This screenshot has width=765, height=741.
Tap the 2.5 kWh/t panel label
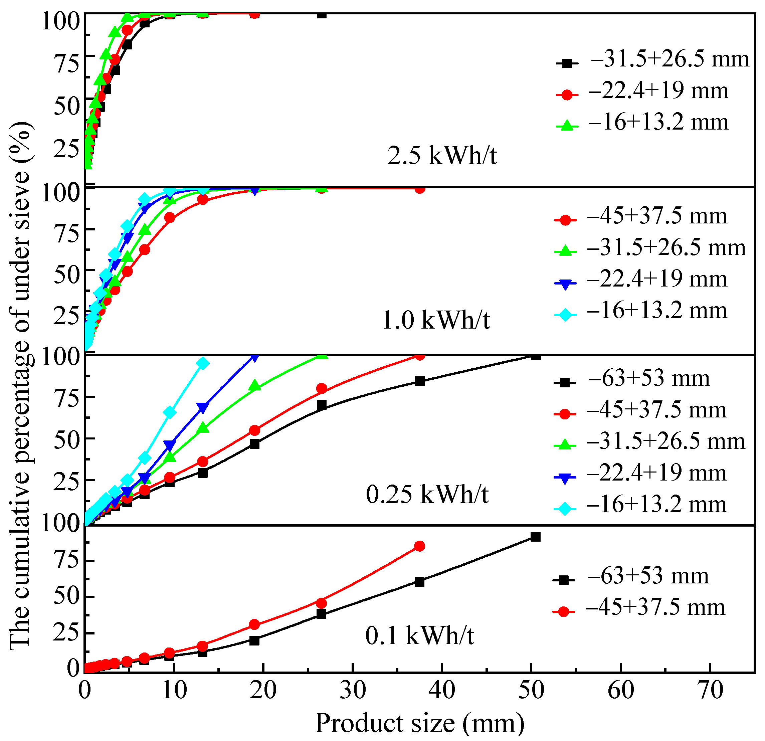coord(442,155)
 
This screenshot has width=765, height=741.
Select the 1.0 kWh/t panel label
coord(435,320)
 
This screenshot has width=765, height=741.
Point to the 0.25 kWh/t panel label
coord(427,494)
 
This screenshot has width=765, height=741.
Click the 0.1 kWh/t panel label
coord(420,635)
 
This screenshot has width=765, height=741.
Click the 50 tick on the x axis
coord(531,690)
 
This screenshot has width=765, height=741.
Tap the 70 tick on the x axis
coord(710,690)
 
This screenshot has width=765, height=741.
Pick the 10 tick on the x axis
coord(174,690)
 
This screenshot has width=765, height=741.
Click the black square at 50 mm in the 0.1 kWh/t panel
coord(536,537)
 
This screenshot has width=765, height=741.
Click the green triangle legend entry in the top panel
coord(644,123)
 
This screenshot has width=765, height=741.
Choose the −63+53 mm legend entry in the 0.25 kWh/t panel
coord(632,379)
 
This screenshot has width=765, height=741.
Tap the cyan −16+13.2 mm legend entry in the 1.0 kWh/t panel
coord(642,311)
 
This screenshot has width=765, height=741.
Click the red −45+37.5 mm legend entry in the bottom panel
coord(640,608)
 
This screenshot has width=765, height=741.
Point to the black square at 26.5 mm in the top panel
coord(321,14)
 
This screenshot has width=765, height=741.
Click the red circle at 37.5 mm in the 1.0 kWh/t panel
coord(419,189)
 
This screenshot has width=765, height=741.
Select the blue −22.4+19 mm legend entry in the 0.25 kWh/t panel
coord(641,474)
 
